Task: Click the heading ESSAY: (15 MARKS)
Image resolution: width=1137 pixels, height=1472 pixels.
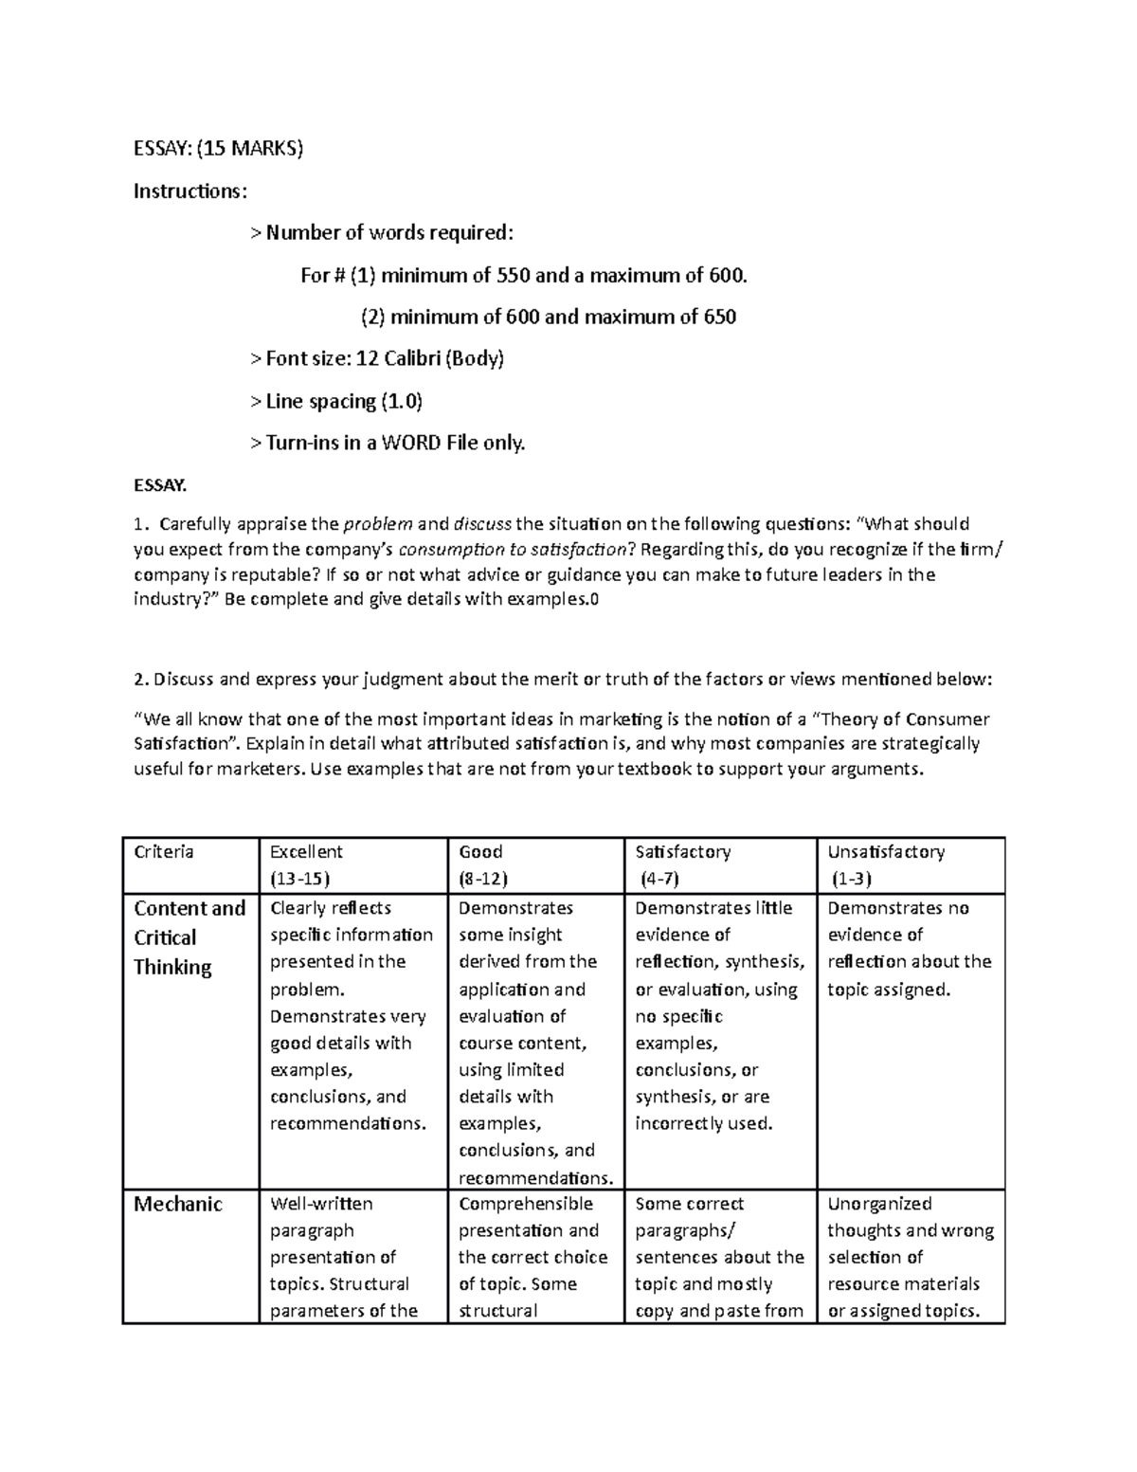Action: (x=218, y=149)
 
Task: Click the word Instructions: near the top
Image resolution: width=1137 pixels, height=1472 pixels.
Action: (x=189, y=191)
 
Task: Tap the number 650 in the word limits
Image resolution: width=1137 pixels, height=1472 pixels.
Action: (x=719, y=318)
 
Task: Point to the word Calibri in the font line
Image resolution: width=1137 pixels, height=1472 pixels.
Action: (x=410, y=359)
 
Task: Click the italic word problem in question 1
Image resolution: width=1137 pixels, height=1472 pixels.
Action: (x=378, y=524)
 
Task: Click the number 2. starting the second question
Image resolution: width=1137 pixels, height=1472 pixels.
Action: (x=141, y=680)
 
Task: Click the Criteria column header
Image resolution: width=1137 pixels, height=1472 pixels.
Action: (x=164, y=852)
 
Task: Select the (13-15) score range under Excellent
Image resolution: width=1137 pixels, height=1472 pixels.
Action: (x=299, y=879)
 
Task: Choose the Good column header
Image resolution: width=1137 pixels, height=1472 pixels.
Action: (x=480, y=852)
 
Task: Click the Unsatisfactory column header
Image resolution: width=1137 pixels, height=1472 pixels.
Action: (x=886, y=852)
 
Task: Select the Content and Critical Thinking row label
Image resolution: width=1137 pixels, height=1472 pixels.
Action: (x=189, y=937)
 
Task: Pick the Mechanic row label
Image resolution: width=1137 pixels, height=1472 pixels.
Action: (x=178, y=1205)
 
